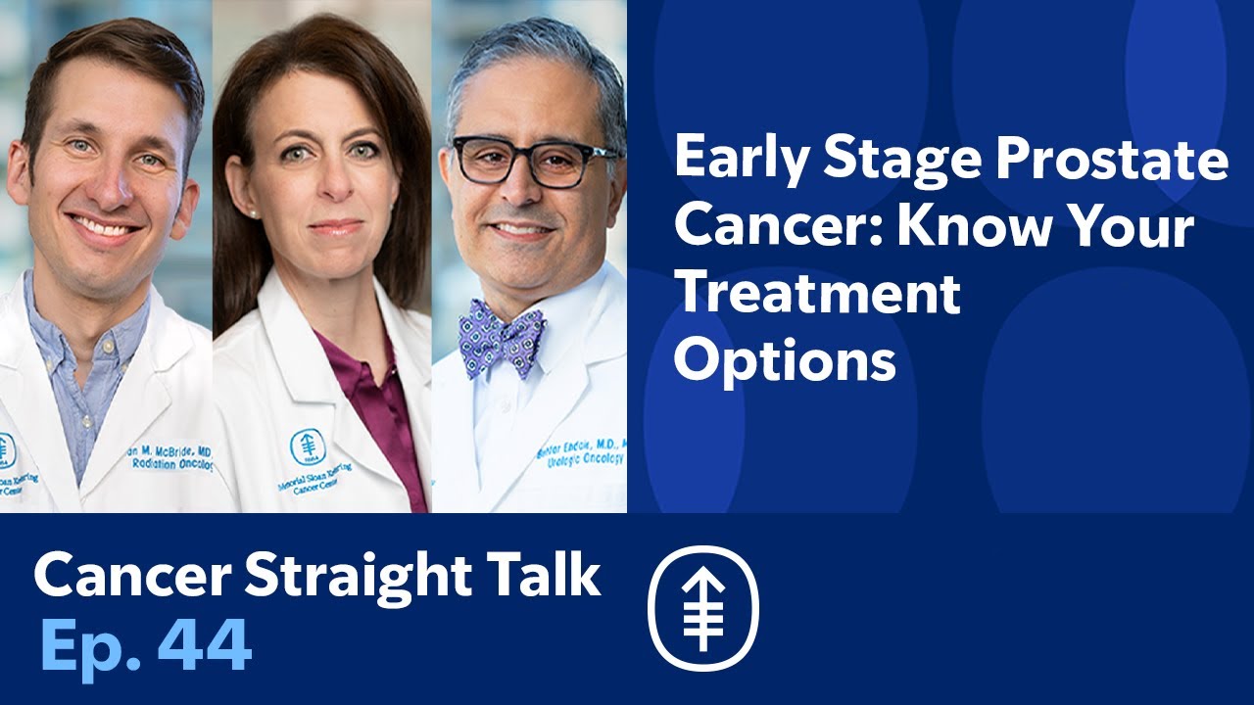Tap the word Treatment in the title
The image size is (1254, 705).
tap(817, 294)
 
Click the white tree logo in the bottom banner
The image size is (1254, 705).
tap(703, 607)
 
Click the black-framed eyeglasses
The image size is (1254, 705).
tap(534, 161)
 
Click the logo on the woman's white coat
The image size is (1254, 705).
tap(307, 447)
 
